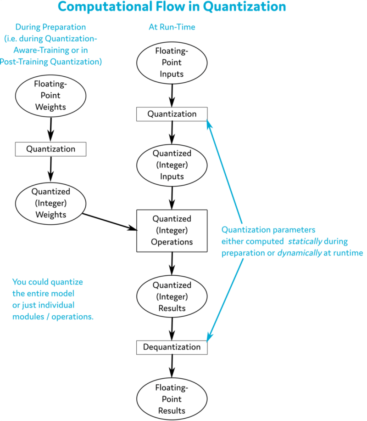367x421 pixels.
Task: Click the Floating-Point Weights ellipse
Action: tap(50, 96)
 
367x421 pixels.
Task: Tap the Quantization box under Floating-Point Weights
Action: tap(50, 149)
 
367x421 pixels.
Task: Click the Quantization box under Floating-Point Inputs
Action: tap(172, 114)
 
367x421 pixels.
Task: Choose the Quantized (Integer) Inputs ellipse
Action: tap(172, 165)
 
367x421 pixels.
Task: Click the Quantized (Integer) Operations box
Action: tap(172, 230)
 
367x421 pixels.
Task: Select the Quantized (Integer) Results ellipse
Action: tap(172, 296)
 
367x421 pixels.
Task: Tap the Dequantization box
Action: tap(172, 347)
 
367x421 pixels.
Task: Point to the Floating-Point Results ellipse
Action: tap(172, 399)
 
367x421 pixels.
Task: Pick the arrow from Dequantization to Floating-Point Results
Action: tap(172, 367)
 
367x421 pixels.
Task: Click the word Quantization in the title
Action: tap(240, 7)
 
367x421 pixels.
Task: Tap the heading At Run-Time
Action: tap(172, 27)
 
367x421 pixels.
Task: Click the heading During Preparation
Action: tap(50, 27)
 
